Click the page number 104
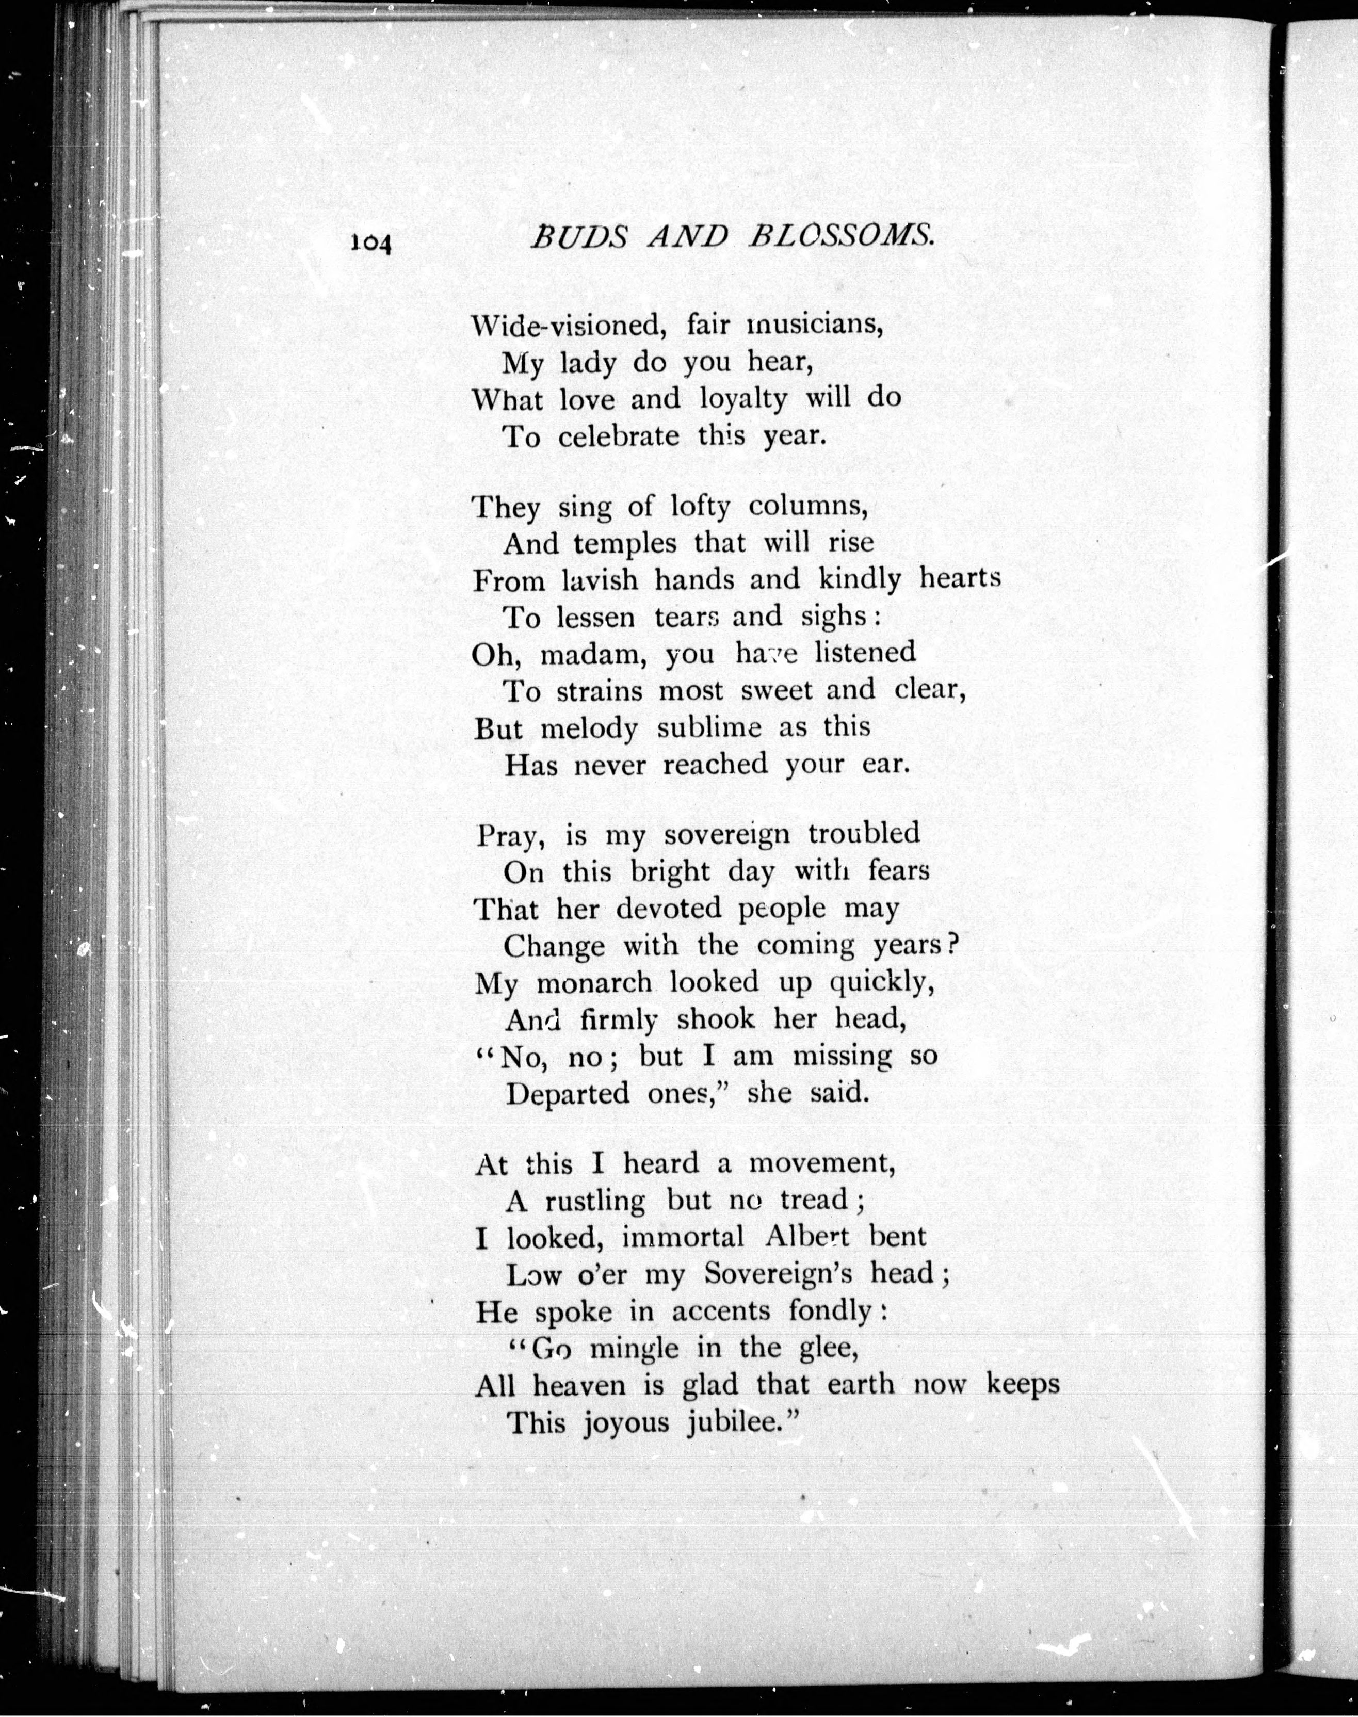370,241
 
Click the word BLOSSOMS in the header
841,236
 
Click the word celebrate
619,436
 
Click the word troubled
864,834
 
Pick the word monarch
594,983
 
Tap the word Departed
568,1095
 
